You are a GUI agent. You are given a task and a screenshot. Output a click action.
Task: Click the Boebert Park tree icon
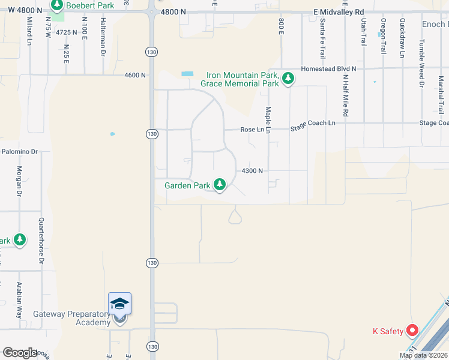(x=57, y=6)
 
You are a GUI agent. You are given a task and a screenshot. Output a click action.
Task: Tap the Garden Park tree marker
(x=220, y=185)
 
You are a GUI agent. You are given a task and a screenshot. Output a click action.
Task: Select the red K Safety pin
(x=412, y=331)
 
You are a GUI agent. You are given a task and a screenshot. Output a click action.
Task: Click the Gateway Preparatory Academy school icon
(x=119, y=304)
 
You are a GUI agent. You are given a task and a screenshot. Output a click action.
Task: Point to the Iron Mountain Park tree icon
(x=288, y=78)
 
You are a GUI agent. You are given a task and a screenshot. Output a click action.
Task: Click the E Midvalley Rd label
(x=339, y=11)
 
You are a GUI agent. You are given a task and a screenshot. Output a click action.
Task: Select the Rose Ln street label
(x=252, y=130)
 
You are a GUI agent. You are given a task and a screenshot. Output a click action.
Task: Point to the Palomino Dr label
(x=19, y=152)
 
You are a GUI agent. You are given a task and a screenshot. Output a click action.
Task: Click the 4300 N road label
(x=252, y=171)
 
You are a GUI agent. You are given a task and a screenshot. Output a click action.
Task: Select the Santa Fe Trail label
(x=323, y=35)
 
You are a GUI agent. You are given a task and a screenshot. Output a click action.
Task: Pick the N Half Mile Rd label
(x=346, y=95)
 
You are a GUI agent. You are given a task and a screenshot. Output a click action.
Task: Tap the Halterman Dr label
(x=103, y=37)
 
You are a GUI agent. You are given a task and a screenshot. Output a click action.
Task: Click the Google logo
(x=20, y=352)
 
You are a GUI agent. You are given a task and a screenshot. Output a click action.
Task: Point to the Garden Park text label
(x=187, y=185)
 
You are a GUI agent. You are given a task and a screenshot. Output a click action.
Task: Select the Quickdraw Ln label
(x=402, y=38)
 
